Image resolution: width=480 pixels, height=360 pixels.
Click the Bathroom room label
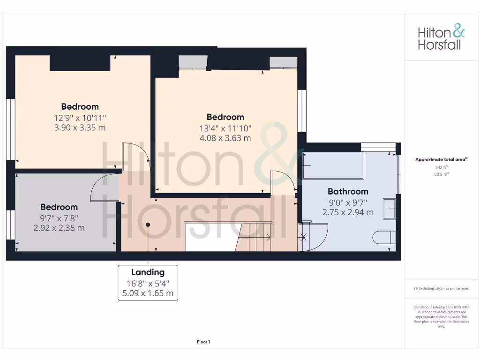(x=348, y=191)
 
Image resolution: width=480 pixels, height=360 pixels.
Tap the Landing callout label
(x=148, y=272)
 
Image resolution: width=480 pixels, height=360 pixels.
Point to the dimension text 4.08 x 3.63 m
(x=225, y=138)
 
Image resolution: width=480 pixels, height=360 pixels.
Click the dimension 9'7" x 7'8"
(x=59, y=218)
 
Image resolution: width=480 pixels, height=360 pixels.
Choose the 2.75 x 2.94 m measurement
(x=348, y=212)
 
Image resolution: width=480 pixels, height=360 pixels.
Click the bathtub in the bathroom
(x=333, y=165)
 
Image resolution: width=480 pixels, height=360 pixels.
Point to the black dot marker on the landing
(x=148, y=225)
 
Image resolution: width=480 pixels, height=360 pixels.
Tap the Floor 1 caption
(x=203, y=342)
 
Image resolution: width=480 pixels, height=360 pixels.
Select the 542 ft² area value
(x=441, y=167)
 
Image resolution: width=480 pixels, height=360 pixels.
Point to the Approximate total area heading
(x=441, y=160)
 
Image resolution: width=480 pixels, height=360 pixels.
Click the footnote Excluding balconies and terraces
(x=441, y=288)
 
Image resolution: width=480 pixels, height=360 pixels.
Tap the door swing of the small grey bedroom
(x=103, y=186)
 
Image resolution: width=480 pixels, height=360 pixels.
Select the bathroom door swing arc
(x=314, y=237)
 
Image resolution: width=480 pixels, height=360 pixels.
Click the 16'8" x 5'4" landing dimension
(x=148, y=283)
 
